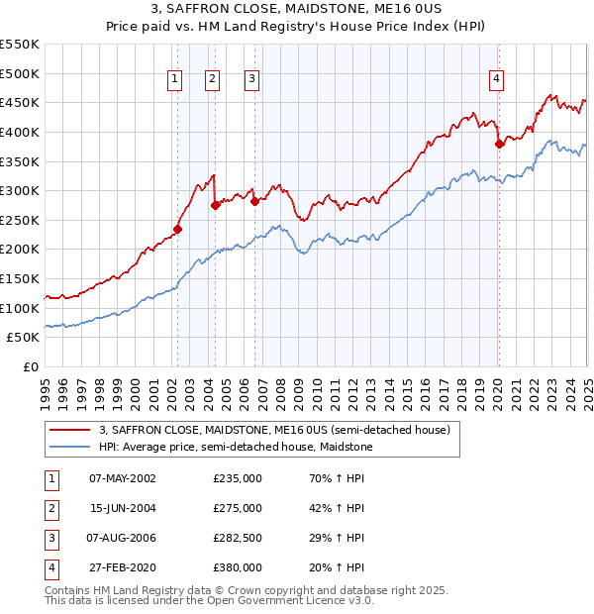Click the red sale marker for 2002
coord(178,229)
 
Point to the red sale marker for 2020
coord(500,144)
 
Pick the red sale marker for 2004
coord(216,205)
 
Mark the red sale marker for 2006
coord(254,201)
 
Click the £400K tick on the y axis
coord(20,132)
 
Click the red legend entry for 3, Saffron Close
coord(275,430)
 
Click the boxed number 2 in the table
coord(50,508)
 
